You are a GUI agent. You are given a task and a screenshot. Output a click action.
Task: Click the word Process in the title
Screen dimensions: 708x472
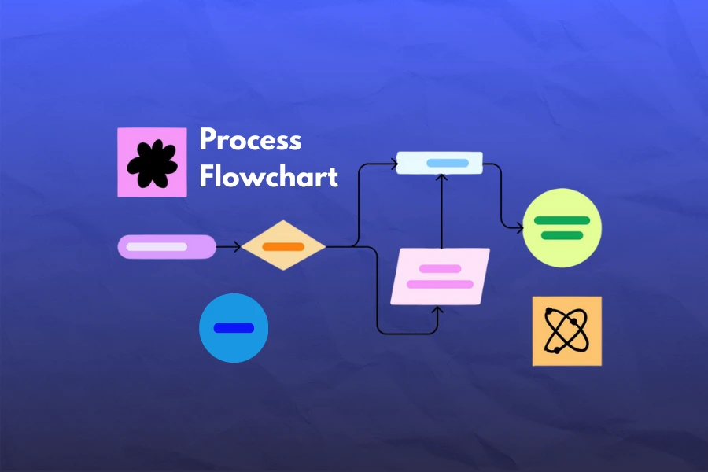(250, 140)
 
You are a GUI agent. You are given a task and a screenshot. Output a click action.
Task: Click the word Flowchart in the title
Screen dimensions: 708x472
(269, 176)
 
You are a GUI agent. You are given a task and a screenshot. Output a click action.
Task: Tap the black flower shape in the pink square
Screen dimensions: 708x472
(152, 164)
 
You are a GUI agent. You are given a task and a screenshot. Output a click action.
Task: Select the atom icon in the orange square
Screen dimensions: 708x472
(566, 330)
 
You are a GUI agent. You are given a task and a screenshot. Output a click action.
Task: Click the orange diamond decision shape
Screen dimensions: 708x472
(283, 245)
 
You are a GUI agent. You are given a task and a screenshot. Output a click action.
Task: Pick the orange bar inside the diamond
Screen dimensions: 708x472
(283, 246)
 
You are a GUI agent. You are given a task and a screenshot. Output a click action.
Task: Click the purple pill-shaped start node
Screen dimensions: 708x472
(167, 246)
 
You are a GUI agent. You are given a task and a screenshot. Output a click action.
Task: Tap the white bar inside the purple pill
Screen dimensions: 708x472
(157, 246)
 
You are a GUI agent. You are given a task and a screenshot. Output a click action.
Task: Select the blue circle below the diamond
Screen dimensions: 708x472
(234, 328)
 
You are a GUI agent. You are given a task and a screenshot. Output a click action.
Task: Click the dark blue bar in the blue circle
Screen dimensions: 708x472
(234, 328)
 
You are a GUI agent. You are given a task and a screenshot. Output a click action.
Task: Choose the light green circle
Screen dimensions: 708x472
(562, 227)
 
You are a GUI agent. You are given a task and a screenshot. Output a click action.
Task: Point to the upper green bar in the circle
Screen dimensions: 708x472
(562, 220)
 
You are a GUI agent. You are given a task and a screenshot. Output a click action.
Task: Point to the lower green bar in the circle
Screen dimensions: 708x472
(562, 235)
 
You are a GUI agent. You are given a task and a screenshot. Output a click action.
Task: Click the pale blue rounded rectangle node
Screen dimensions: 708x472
(439, 163)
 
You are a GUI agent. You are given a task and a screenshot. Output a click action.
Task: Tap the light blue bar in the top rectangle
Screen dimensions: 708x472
(448, 163)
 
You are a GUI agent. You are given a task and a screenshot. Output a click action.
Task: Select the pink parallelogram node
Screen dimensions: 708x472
(441, 276)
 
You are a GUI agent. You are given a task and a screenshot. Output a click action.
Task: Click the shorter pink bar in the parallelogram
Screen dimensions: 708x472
(441, 269)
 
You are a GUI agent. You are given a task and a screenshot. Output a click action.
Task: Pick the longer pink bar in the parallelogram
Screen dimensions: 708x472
(441, 284)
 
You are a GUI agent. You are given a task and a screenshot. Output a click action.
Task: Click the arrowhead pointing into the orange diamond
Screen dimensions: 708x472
(238, 246)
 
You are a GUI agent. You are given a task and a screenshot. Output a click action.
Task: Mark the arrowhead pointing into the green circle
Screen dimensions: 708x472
(520, 228)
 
